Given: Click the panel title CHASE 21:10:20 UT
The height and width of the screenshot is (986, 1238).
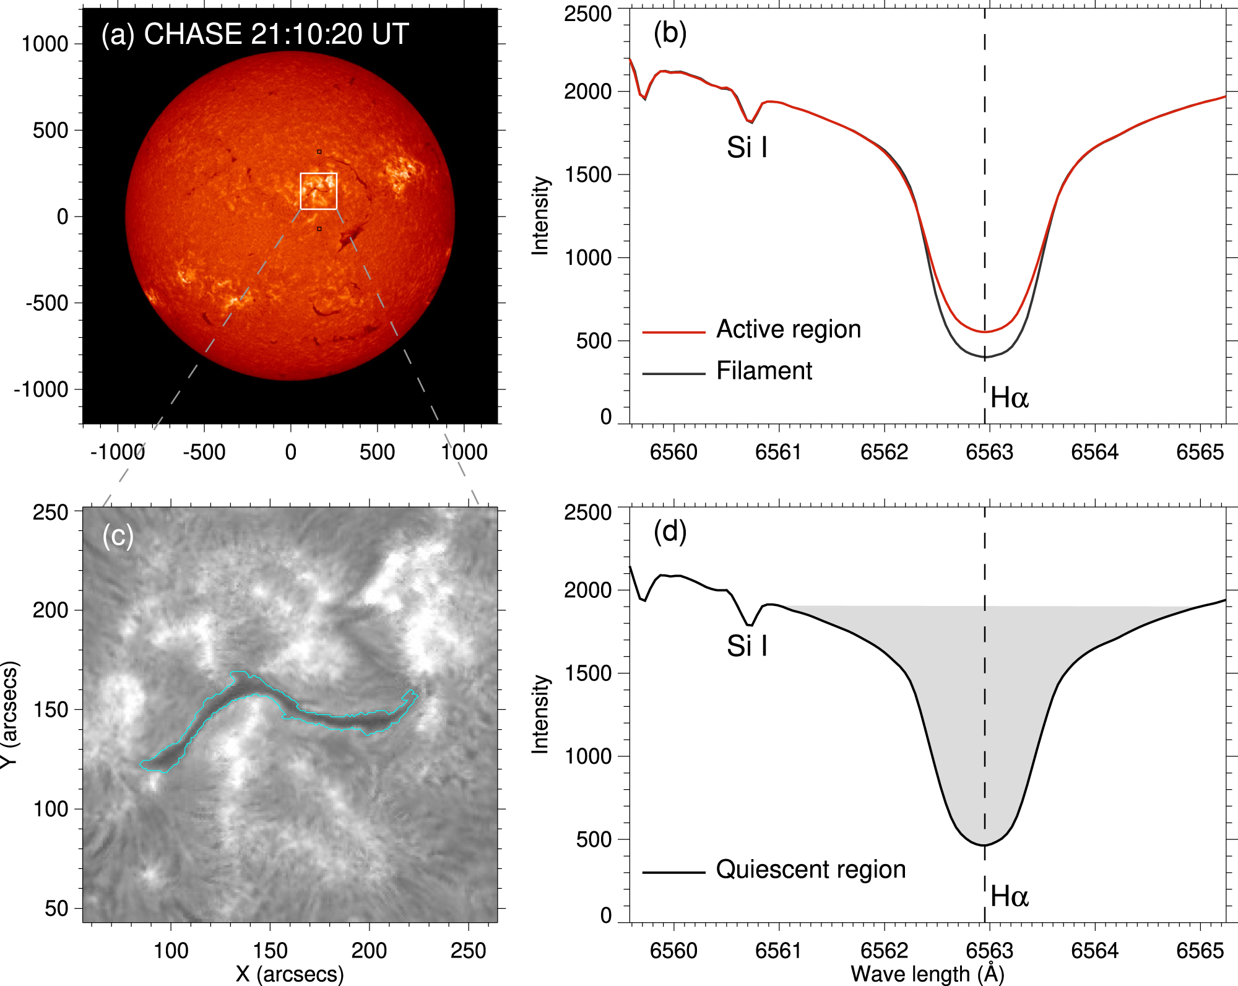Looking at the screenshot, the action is pyautogui.click(x=276, y=34).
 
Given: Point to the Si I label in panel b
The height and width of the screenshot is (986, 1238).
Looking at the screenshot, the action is pyautogui.click(x=747, y=147).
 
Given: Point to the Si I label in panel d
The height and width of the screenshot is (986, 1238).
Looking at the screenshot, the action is pyautogui.click(x=747, y=646).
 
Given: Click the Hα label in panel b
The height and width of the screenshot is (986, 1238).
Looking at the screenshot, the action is pyautogui.click(x=1009, y=397).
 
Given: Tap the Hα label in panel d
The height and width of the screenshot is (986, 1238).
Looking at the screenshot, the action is pyautogui.click(x=1009, y=896).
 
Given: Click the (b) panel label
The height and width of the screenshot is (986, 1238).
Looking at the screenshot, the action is pyautogui.click(x=670, y=32).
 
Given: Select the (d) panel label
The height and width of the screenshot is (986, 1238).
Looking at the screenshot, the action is pyautogui.click(x=670, y=531).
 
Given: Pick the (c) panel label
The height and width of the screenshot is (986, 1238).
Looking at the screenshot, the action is pyautogui.click(x=118, y=535).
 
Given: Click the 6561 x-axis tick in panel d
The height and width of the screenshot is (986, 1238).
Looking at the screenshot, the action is pyautogui.click(x=779, y=951).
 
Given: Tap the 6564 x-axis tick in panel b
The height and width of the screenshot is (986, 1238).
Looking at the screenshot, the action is pyautogui.click(x=1094, y=452).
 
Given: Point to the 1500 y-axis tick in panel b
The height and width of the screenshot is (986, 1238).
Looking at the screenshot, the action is pyautogui.click(x=587, y=175).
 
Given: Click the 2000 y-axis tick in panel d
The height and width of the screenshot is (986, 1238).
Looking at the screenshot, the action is pyautogui.click(x=587, y=590).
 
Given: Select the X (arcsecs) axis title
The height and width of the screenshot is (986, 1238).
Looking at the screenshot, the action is pyautogui.click(x=289, y=974).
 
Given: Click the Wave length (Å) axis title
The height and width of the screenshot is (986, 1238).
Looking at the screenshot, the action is pyautogui.click(x=927, y=974).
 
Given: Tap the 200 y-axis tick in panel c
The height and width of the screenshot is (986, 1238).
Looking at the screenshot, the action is pyautogui.click(x=50, y=610).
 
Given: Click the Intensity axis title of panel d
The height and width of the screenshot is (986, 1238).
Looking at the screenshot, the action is pyautogui.click(x=540, y=714).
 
